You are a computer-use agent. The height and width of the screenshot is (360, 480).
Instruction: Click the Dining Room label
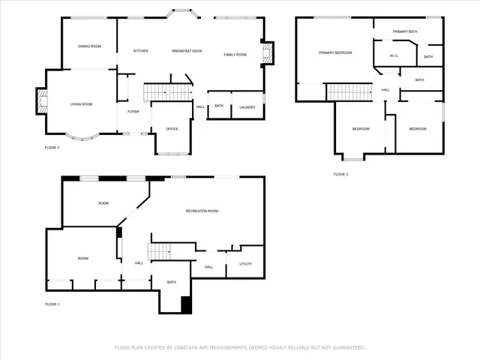click(x=89, y=46)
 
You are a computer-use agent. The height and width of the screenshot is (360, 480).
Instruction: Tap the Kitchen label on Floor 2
click(x=140, y=51)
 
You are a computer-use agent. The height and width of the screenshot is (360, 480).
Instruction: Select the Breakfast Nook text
click(x=187, y=51)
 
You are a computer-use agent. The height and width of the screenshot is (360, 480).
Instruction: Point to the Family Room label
click(x=235, y=55)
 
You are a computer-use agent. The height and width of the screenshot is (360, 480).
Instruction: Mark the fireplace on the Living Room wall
click(x=41, y=101)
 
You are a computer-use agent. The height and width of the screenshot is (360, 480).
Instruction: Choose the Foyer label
click(x=133, y=112)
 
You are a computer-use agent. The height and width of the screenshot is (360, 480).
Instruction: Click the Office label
click(x=172, y=129)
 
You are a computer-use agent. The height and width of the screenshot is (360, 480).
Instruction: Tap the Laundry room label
click(x=247, y=107)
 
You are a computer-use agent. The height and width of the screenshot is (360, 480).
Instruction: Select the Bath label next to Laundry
click(x=219, y=106)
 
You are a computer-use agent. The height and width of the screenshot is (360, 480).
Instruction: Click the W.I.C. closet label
click(x=394, y=56)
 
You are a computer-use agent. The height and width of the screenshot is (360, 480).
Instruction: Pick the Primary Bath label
click(x=405, y=31)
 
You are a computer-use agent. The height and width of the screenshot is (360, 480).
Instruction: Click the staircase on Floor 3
click(x=349, y=91)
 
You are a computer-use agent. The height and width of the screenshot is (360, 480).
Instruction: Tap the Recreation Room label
click(x=202, y=211)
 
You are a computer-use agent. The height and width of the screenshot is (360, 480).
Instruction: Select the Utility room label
click(x=246, y=264)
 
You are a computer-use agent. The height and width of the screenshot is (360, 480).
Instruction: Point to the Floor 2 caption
click(x=52, y=148)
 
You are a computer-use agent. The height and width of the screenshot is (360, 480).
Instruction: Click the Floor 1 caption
click(x=52, y=304)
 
